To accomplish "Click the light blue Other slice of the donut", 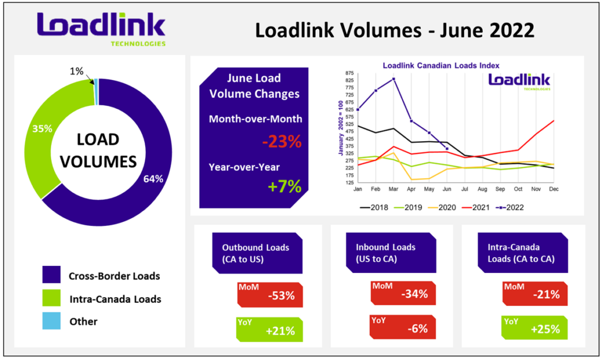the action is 96,91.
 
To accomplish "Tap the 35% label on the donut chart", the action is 42,129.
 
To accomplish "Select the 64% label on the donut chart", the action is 153,179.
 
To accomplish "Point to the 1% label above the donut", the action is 76,71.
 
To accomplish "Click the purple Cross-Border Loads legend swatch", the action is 52,275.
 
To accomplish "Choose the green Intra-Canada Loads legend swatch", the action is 52,298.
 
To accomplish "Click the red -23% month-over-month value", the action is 282,141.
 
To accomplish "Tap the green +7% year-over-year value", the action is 285,186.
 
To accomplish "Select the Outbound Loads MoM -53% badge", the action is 270,295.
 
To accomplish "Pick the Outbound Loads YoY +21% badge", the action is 269,329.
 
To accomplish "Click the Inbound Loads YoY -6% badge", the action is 403,327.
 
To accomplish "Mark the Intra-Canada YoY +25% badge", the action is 535,328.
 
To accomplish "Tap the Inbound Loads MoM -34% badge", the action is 403,293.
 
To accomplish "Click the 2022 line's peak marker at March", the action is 393,79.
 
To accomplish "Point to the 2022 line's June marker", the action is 447,149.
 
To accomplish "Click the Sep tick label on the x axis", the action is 500,189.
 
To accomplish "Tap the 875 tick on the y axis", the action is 349,73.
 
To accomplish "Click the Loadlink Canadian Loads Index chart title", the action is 441,66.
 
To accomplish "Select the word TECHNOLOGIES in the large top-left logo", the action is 138,44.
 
